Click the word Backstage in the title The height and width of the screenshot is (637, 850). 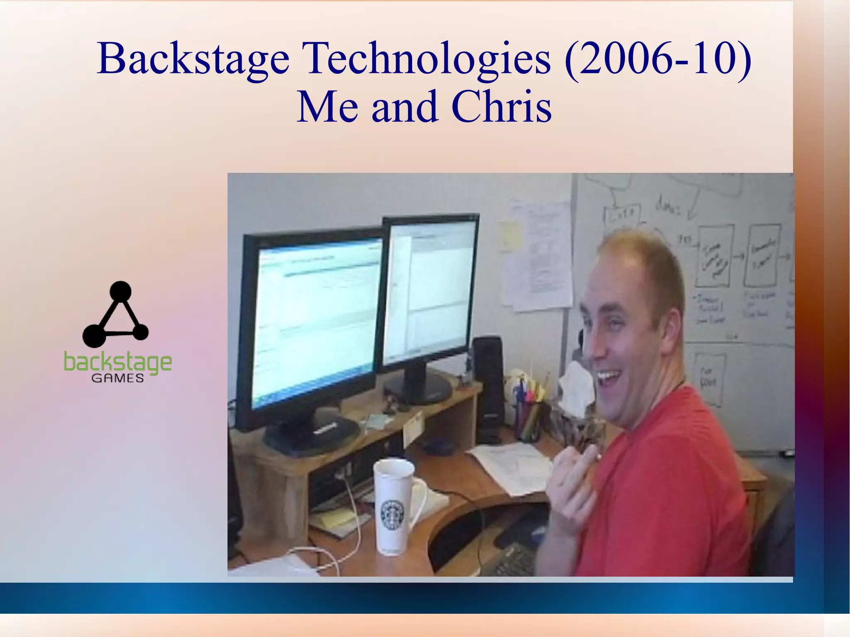pos(193,59)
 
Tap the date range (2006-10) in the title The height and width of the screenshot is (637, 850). pos(658,59)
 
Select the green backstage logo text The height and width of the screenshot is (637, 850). pos(117,362)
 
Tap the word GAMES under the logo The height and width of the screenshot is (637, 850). pos(117,378)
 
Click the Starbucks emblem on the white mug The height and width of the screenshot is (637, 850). pos(392,515)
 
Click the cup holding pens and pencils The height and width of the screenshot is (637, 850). pos(528,419)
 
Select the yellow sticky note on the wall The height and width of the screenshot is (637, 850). pos(510,235)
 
